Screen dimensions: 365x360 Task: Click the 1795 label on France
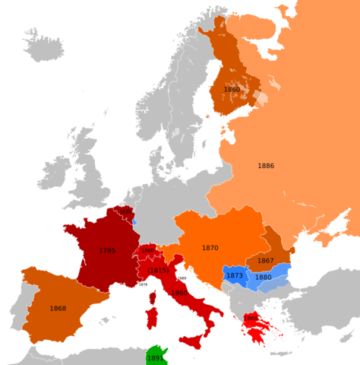pos(107,250)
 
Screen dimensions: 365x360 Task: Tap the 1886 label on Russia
pos(266,166)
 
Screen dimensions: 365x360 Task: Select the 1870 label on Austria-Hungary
pos(210,248)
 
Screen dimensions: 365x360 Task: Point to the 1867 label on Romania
pos(265,261)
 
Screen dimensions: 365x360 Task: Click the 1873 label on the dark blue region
pos(235,275)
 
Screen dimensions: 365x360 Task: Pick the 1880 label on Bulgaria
pos(264,278)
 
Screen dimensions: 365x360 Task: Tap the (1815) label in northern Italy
pos(158,271)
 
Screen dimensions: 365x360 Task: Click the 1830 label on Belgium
pos(125,214)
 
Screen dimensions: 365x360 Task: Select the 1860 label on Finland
pos(232,89)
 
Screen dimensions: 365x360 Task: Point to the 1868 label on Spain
pos(57,308)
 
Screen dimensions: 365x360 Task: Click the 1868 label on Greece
pos(251,318)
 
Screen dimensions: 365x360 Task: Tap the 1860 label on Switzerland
pos(147,250)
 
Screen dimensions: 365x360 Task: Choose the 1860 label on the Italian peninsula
pos(179,293)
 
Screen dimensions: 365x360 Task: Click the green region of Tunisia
pos(155,355)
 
